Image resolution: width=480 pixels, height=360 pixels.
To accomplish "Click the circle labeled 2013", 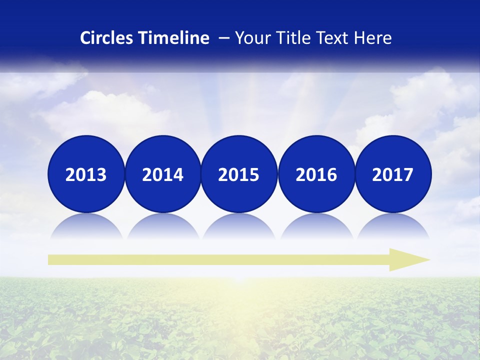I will tap(86, 174).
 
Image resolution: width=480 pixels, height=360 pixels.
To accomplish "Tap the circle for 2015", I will tap(239, 174).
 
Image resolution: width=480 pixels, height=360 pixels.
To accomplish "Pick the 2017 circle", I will tap(392, 174).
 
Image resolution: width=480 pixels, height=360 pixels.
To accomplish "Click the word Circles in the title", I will tap(107, 38).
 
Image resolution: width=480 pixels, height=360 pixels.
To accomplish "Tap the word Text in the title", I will tap(333, 38).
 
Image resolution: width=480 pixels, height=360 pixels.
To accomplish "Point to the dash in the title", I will tap(224, 38).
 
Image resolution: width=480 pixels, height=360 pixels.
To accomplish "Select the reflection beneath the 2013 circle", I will tap(86, 226).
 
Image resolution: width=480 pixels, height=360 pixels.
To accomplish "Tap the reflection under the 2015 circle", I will tap(239, 226).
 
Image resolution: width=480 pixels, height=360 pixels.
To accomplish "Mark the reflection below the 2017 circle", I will tap(392, 226).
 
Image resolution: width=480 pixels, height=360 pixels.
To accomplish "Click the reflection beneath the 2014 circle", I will tap(162, 226).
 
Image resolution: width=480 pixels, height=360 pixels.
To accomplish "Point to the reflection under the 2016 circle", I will tap(316, 226).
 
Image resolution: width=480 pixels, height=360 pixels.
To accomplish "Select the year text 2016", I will tap(316, 175).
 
